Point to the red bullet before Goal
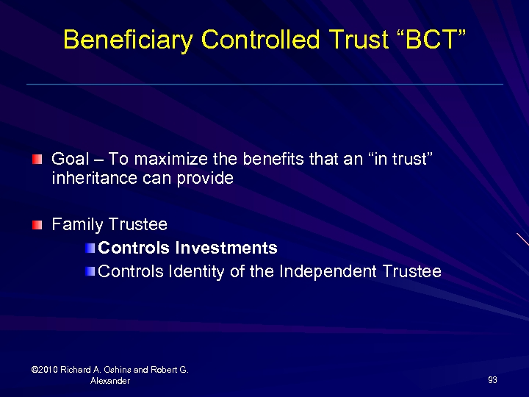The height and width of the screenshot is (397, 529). click(x=37, y=159)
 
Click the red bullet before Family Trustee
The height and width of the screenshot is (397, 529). click(x=37, y=224)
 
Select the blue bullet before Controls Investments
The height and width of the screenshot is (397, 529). click(x=90, y=248)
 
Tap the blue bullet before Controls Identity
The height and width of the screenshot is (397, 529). click(x=90, y=271)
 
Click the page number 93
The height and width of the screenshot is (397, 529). click(x=492, y=380)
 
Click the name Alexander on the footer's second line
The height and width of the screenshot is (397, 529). click(x=110, y=381)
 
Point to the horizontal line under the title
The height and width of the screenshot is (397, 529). click(x=264, y=84)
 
